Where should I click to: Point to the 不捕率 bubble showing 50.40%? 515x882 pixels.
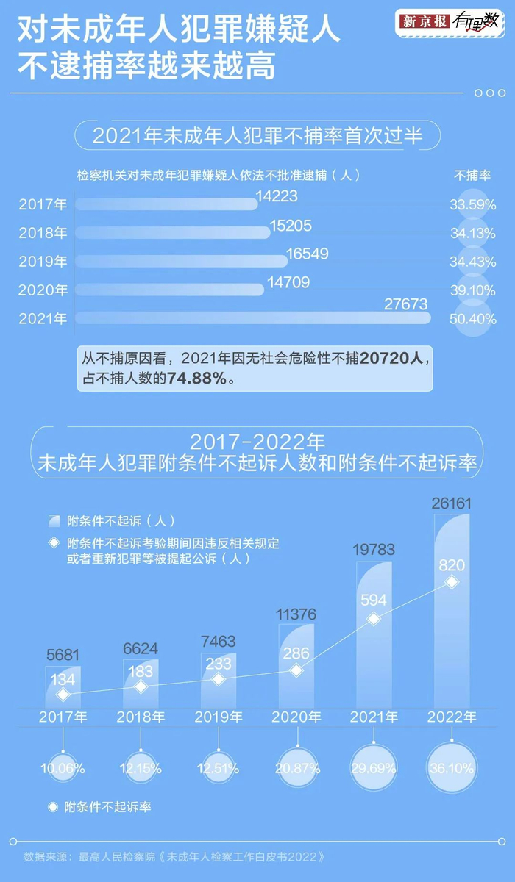click(472, 320)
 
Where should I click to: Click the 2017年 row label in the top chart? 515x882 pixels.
click(43, 204)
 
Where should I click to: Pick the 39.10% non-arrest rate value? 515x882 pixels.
click(472, 291)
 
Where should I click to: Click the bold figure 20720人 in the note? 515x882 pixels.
click(392, 359)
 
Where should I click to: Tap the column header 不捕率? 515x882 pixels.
click(472, 176)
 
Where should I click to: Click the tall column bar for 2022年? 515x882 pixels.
click(452, 610)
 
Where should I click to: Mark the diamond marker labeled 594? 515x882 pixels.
click(374, 619)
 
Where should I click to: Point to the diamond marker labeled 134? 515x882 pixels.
click(63, 695)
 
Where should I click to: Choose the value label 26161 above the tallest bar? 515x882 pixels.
click(452, 504)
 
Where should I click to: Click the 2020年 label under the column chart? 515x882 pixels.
click(296, 717)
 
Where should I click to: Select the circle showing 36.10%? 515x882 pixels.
click(452, 769)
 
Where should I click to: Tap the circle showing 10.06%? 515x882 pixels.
click(63, 769)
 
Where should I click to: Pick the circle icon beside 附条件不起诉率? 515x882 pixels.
click(52, 807)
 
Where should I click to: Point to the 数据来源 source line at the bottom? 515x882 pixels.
click(174, 857)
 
